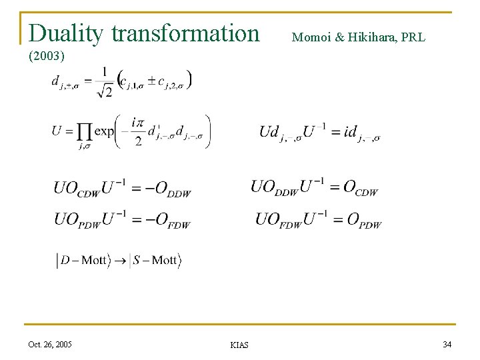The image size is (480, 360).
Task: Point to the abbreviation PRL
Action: coord(413,37)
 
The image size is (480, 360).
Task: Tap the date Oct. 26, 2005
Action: coord(50,344)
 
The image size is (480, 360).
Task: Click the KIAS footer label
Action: coord(239,345)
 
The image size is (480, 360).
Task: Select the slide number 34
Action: coord(446,344)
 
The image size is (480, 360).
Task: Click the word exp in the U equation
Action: coord(104,131)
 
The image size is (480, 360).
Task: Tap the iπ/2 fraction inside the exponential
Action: coord(137,131)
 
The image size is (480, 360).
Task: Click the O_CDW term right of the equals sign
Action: coord(360,188)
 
